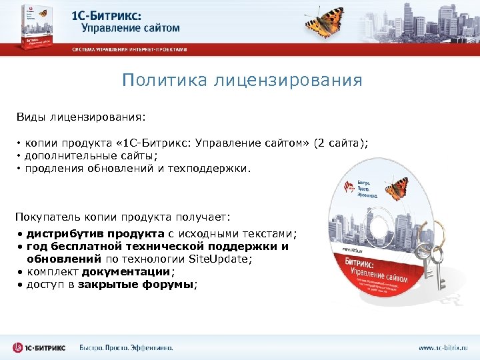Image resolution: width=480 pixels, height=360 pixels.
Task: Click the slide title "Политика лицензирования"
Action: (242, 81)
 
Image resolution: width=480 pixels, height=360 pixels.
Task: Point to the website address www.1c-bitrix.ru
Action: (443, 347)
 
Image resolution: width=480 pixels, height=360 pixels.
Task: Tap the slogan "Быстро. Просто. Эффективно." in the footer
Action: (126, 347)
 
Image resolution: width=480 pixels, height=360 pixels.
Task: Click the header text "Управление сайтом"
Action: (131, 28)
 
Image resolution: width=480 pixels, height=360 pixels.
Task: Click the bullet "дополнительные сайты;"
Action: (91, 156)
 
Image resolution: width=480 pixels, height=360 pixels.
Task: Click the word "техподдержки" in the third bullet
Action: (215, 169)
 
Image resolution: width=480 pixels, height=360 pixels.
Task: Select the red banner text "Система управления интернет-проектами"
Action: (129, 50)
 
